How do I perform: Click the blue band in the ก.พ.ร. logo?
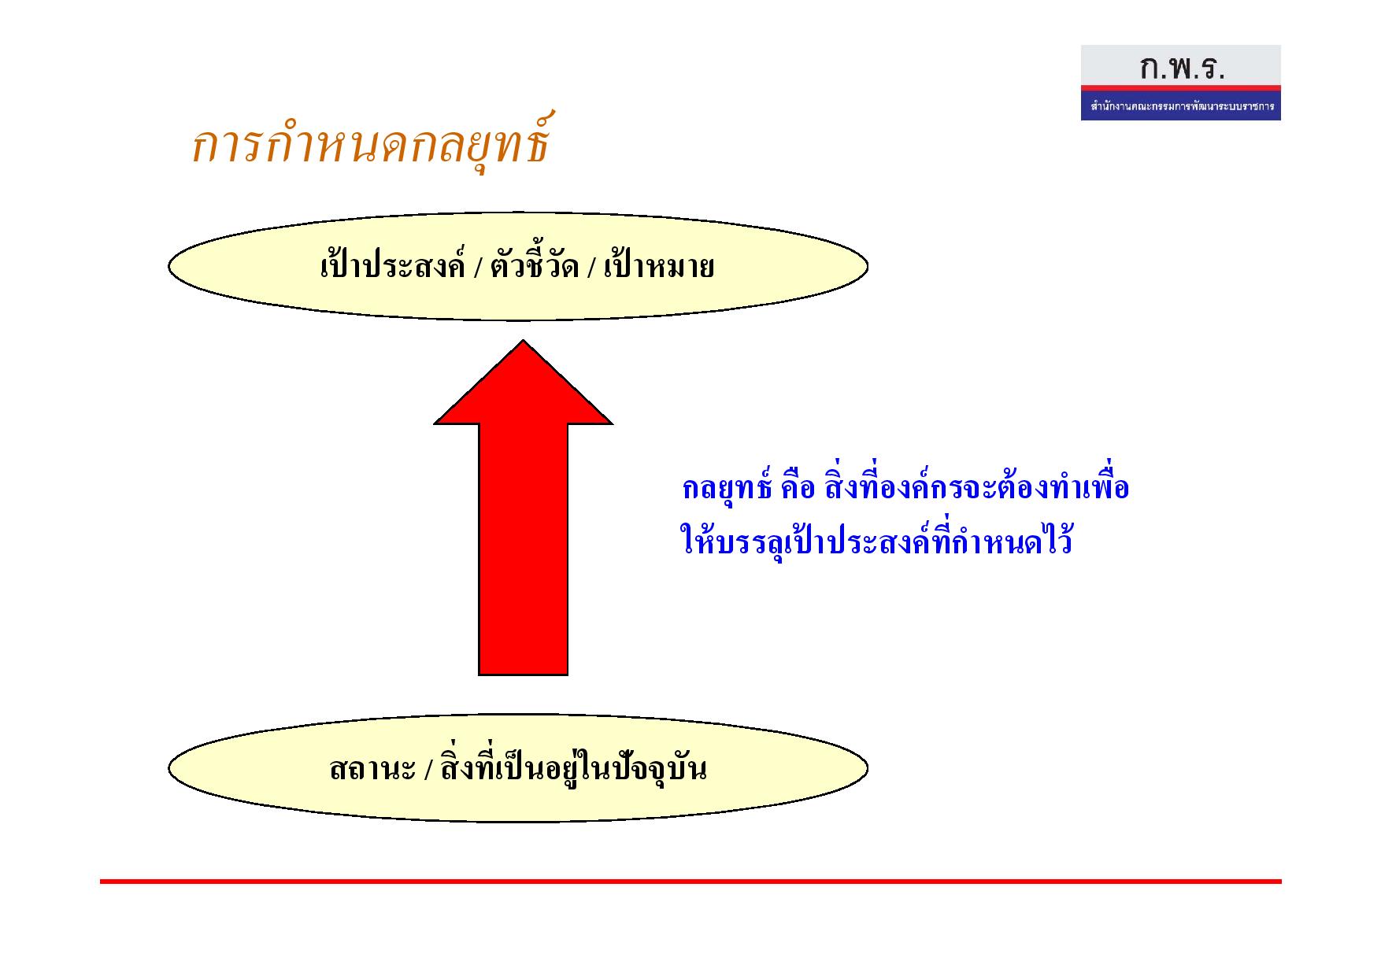[x=1181, y=105]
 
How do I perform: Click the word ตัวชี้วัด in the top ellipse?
[x=535, y=265]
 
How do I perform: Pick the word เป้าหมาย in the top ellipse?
[x=659, y=265]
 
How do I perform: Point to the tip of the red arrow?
[x=523, y=340]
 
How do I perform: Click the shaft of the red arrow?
[x=523, y=549]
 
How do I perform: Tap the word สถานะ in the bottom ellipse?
[x=372, y=767]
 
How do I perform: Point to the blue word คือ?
[x=797, y=488]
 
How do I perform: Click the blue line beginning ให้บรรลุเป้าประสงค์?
[x=876, y=541]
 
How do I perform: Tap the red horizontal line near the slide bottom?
[x=690, y=882]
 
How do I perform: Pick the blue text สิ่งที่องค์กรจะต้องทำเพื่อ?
[x=976, y=487]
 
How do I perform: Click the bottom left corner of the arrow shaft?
[x=479, y=675]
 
